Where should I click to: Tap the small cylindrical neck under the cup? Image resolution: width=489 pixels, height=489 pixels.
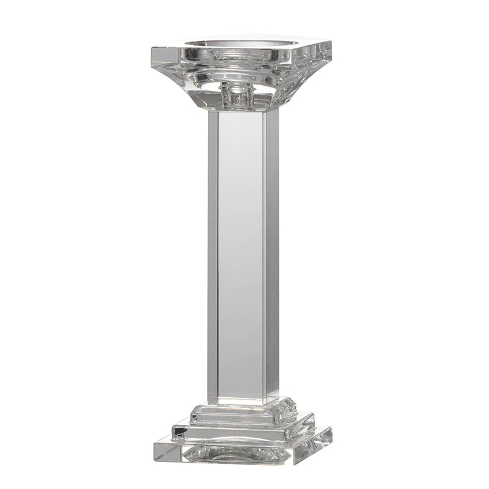pos(237,95)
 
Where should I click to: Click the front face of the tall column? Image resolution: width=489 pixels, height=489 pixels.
pos(241,257)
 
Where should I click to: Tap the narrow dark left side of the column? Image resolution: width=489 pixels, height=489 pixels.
pos(213,257)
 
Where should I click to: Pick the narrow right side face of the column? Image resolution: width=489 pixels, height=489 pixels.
pos(272,257)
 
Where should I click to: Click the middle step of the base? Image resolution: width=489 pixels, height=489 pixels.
pos(241,428)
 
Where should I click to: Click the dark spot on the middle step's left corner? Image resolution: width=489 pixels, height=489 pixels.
pos(177,433)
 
